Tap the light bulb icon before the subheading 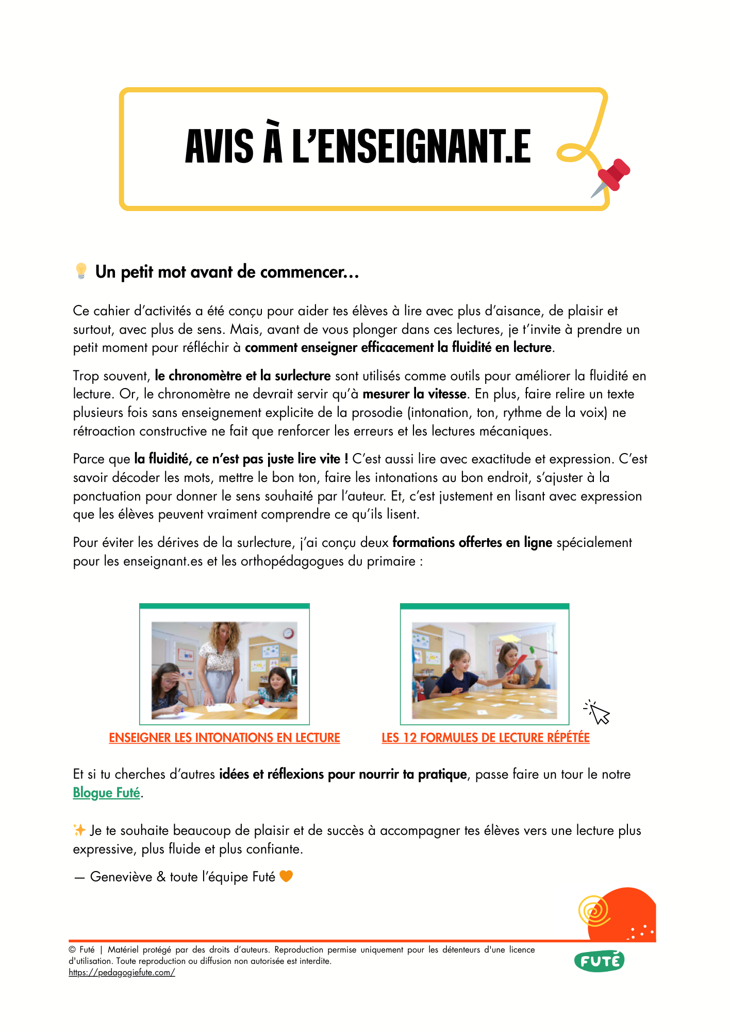(x=81, y=271)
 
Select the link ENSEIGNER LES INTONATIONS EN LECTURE (x=224, y=738)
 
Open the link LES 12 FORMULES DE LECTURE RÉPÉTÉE (x=485, y=738)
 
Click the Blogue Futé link (x=106, y=793)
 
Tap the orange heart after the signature (x=286, y=876)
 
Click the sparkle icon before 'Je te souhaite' (x=79, y=830)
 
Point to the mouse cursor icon (x=598, y=713)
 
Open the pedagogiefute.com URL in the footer (x=122, y=973)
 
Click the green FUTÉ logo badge (x=599, y=961)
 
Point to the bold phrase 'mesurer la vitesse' (x=414, y=394)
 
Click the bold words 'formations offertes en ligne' (x=472, y=543)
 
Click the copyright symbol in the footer (x=72, y=950)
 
